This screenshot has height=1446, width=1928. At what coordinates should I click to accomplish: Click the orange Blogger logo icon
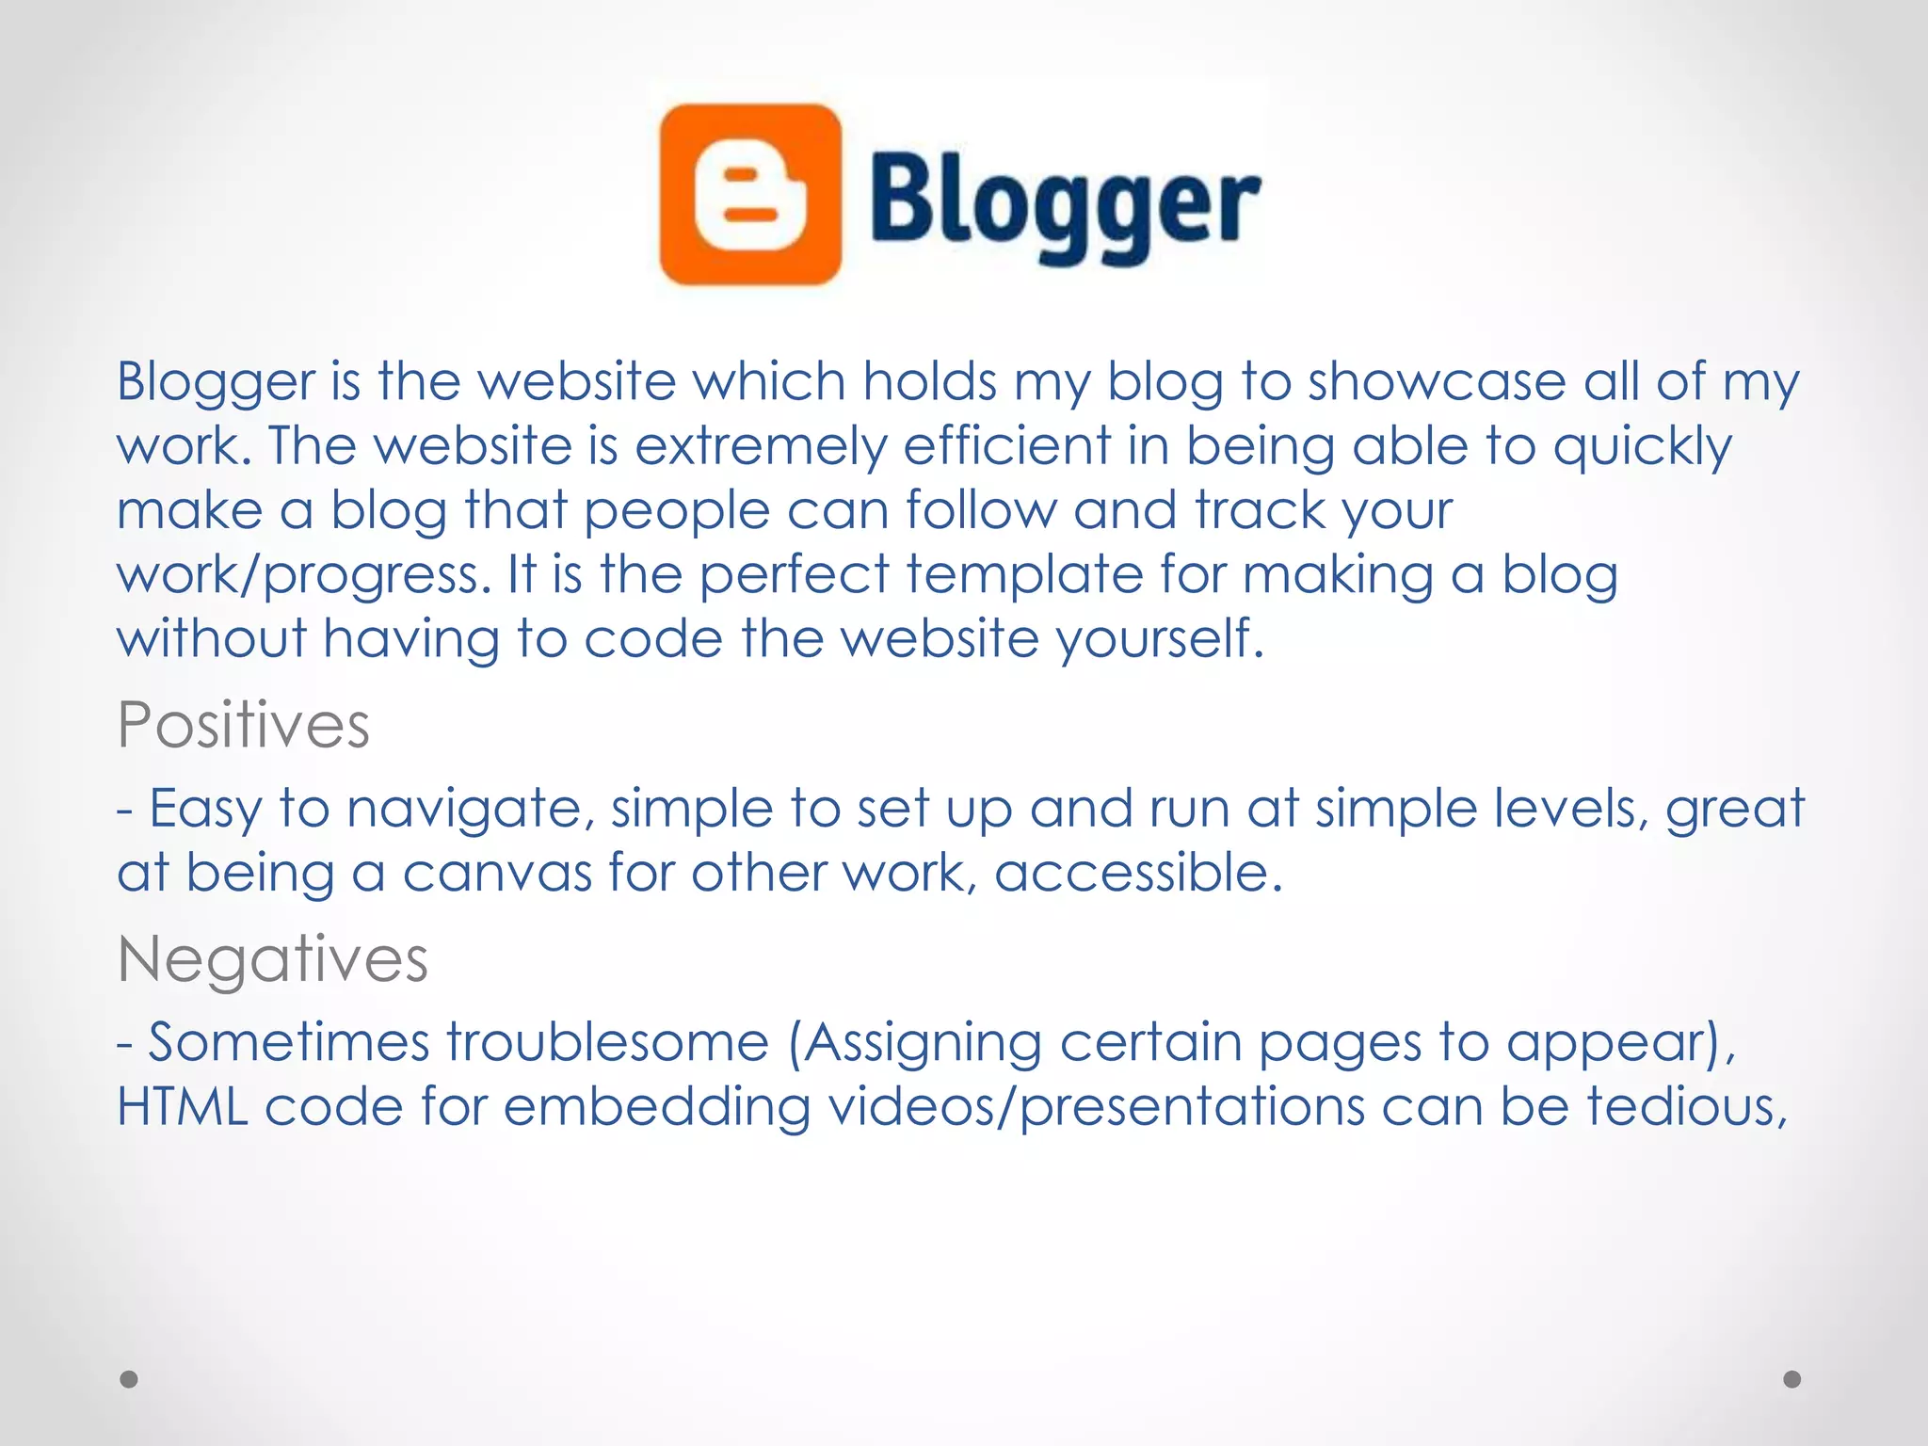(750, 195)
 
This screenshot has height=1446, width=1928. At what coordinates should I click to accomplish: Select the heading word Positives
(244, 726)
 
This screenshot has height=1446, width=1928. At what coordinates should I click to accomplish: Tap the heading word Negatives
(273, 959)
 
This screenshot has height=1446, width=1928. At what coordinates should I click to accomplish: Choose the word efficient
(1007, 446)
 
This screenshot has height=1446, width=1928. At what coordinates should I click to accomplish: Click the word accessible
(1138, 873)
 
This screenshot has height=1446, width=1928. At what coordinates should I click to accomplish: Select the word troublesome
(607, 1043)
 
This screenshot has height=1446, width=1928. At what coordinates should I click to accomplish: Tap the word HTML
(183, 1107)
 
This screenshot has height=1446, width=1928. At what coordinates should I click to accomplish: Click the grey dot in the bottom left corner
(129, 1379)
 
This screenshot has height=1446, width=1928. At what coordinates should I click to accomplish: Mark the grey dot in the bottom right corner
(1792, 1379)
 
